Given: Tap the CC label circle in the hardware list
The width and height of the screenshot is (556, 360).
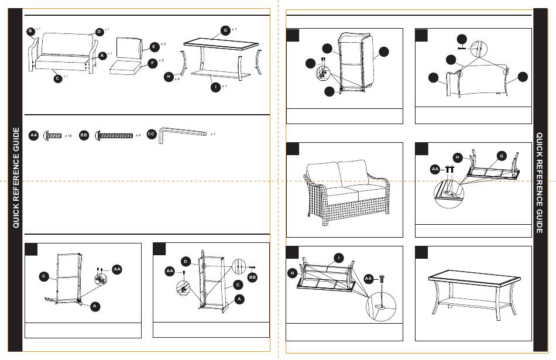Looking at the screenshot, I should (x=151, y=134).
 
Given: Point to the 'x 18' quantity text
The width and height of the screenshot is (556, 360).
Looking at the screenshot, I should (x=68, y=135).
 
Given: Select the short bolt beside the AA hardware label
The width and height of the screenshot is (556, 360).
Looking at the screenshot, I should (x=53, y=135).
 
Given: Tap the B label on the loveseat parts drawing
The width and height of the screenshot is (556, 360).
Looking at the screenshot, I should (x=30, y=30).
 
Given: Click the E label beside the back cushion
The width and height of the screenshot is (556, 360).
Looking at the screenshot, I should (x=153, y=46).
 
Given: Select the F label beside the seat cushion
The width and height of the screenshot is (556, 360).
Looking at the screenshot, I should (x=152, y=63).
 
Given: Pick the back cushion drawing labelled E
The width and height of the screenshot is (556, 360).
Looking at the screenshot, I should (x=130, y=47).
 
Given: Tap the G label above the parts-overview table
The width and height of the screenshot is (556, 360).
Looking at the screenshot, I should (x=225, y=30).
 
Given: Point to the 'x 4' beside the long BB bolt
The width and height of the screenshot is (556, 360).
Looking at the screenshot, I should (x=138, y=135).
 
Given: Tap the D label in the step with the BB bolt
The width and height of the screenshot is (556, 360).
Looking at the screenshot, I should (x=185, y=260).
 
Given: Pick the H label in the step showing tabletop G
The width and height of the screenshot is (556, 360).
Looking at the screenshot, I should (x=458, y=156).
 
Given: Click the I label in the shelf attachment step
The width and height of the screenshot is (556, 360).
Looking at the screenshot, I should (x=338, y=258).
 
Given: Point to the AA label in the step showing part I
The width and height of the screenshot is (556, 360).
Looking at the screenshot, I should (x=368, y=278).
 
